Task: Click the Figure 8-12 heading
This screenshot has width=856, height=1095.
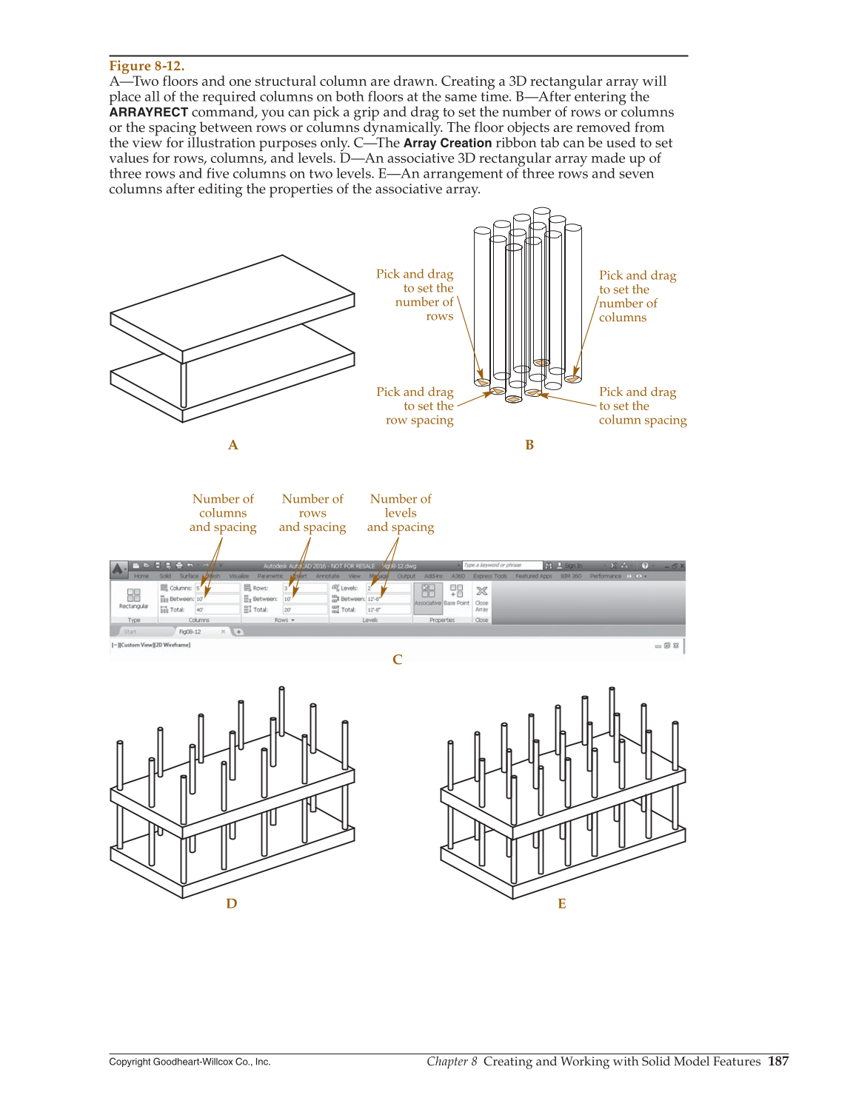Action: tap(147, 66)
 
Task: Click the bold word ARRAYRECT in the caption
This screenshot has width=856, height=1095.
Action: tap(148, 113)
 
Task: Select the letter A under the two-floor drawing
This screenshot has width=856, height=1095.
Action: tap(233, 445)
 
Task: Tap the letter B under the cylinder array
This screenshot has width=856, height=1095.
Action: tap(529, 445)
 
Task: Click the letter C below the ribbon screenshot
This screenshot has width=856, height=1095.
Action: tap(397, 660)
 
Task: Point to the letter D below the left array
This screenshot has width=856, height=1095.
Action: tap(231, 903)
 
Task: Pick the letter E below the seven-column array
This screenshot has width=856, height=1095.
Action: tap(561, 904)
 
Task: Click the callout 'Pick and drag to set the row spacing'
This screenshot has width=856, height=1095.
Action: tap(416, 406)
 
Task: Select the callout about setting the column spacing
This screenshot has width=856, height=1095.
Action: tap(641, 406)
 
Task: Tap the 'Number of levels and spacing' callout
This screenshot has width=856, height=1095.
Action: tap(401, 513)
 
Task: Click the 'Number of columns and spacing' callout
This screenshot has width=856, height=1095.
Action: tap(223, 513)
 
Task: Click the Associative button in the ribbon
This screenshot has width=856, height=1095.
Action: tap(427, 595)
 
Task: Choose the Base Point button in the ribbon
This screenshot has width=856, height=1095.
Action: tap(456, 595)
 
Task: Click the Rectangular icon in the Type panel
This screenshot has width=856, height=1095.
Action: tap(133, 597)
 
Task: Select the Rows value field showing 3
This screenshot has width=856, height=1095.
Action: tap(304, 588)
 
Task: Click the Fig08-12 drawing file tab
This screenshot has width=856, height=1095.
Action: tap(190, 632)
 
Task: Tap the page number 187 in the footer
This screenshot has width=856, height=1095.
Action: tap(778, 1061)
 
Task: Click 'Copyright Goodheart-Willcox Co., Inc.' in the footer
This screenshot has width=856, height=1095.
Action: tap(190, 1062)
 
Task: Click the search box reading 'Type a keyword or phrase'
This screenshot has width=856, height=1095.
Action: tap(501, 565)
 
